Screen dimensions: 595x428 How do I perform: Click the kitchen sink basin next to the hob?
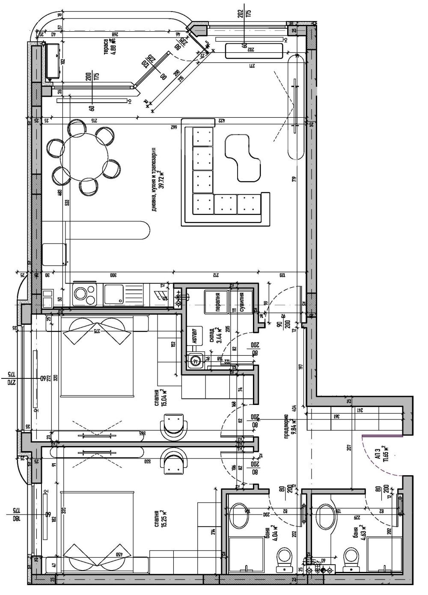point(115,295)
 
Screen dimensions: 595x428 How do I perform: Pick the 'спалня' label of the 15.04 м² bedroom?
point(157,398)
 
